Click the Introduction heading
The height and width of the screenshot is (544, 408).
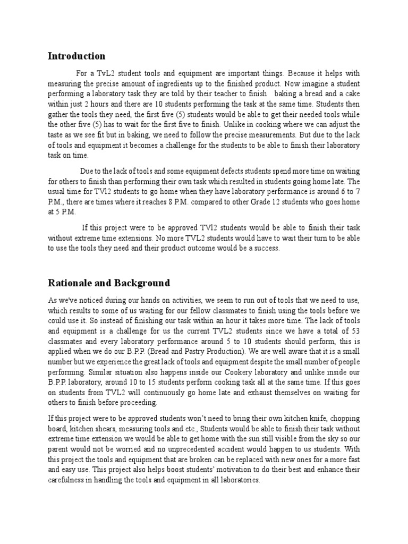click(x=76, y=56)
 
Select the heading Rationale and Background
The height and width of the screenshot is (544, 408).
click(x=109, y=283)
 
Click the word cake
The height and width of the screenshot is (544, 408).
click(x=351, y=94)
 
